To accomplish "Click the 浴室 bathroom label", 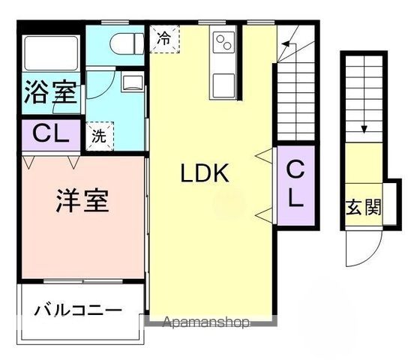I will [x=50, y=93].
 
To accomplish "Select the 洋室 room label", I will [x=82, y=200].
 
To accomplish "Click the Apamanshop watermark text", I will [x=205, y=324].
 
